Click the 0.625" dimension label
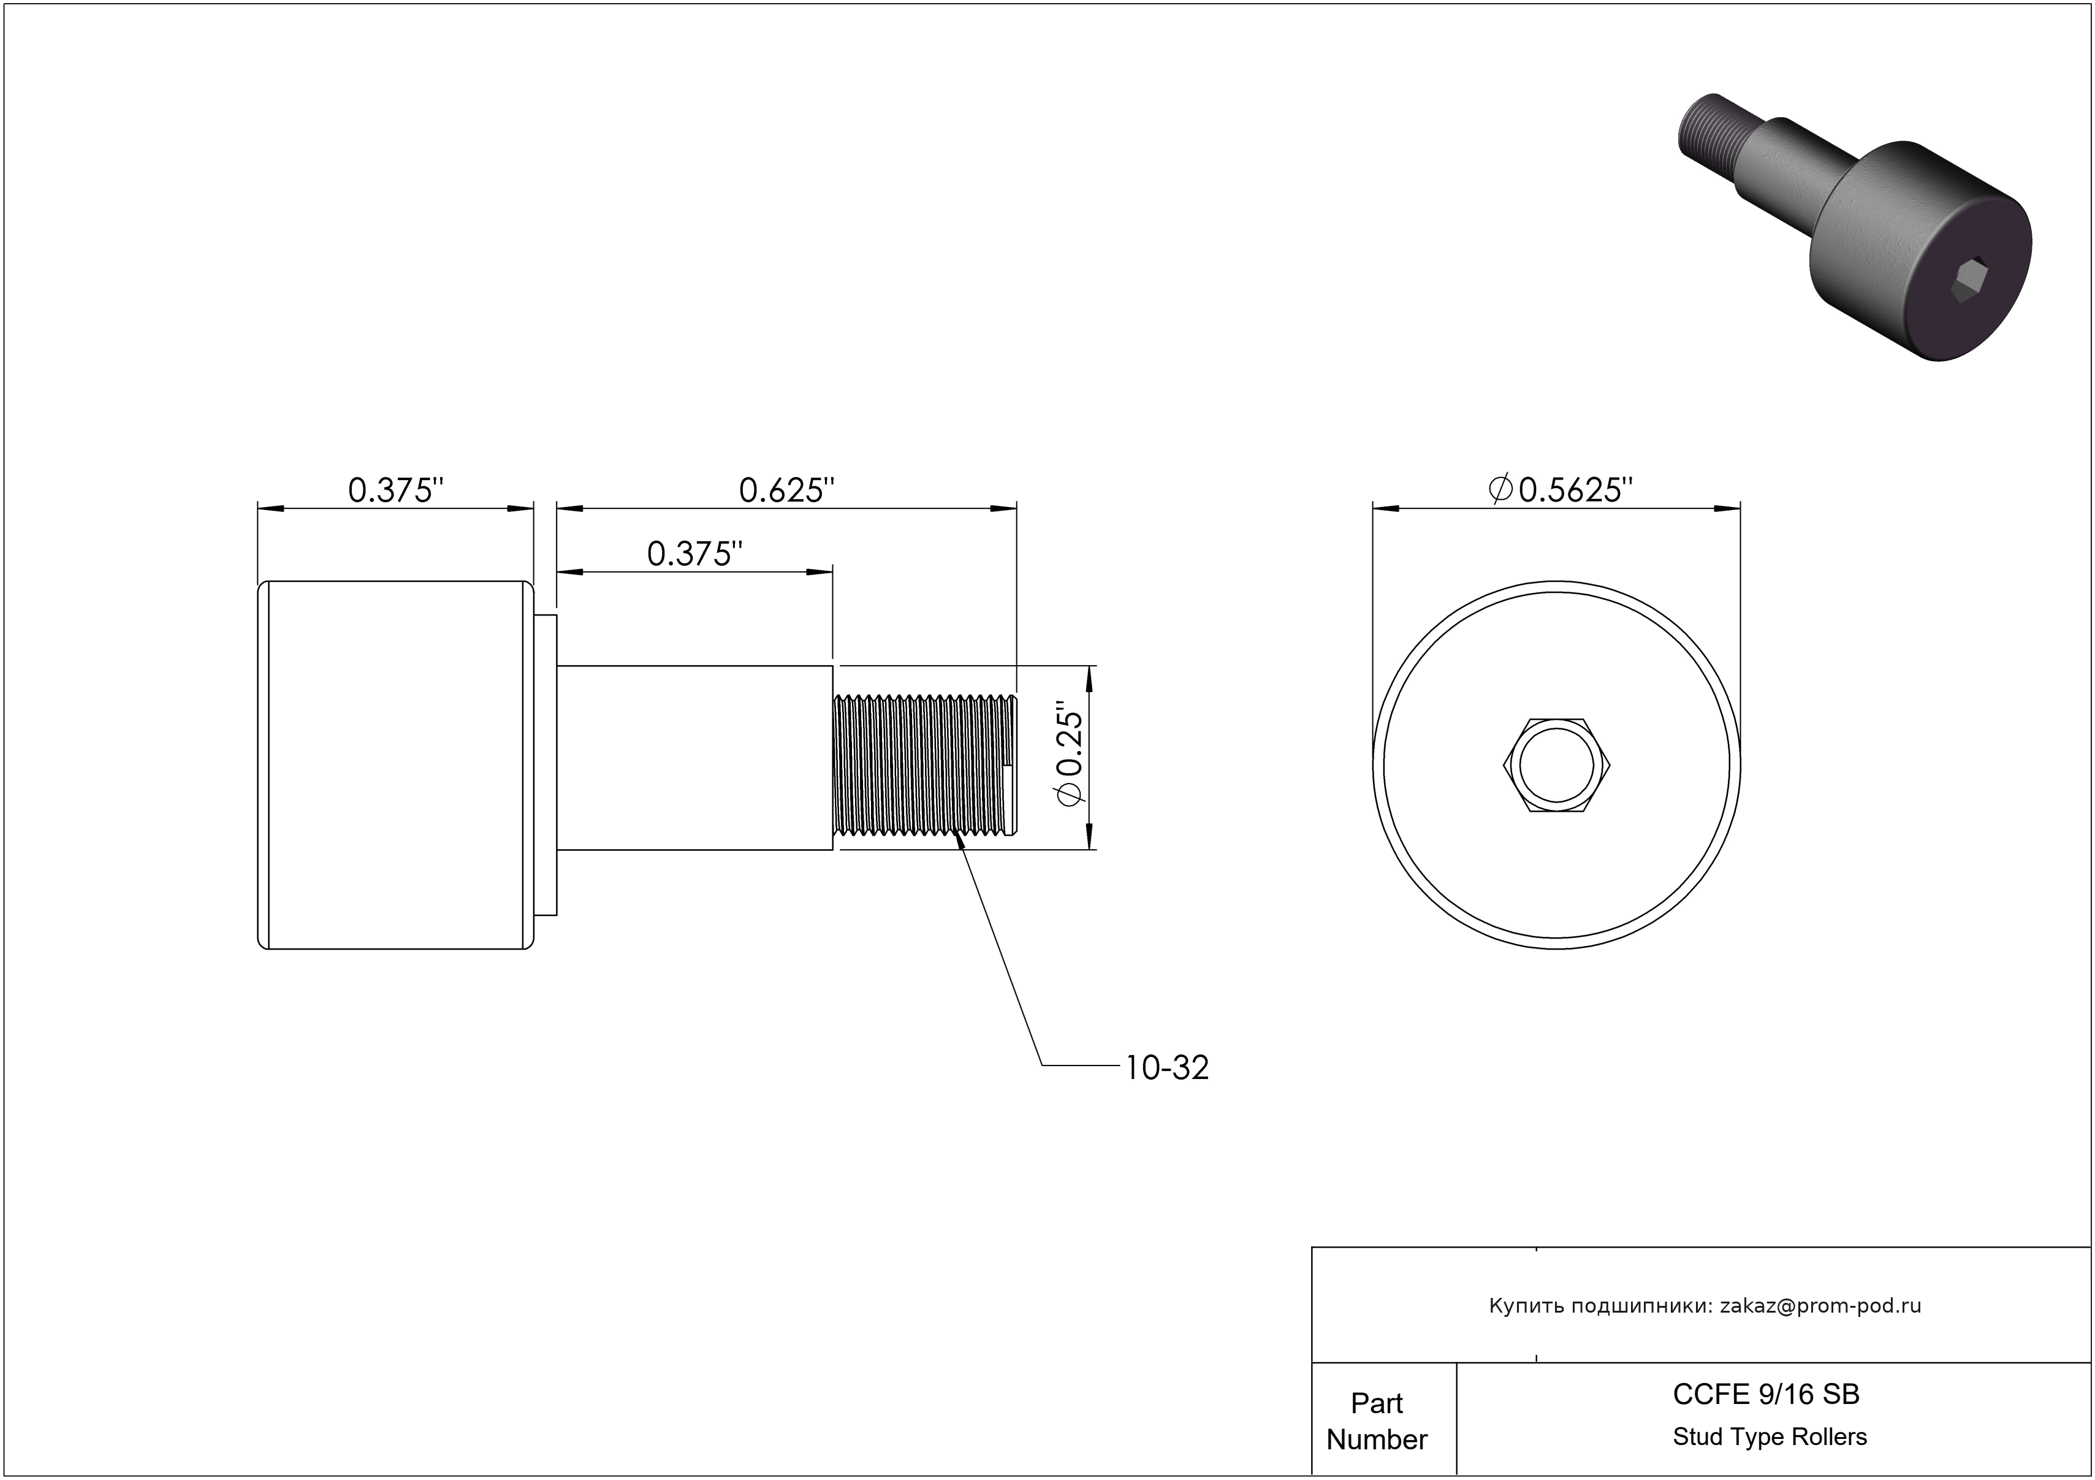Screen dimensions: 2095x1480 click(x=786, y=491)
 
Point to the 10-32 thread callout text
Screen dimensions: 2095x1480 click(x=1167, y=1067)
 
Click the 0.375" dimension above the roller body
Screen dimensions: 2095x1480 click(x=396, y=491)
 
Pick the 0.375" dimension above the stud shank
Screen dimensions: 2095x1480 click(x=695, y=554)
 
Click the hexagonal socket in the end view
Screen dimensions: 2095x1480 click(x=1556, y=765)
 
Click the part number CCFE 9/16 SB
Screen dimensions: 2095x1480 click(x=1766, y=1394)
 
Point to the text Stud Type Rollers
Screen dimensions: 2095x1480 click(x=1770, y=1437)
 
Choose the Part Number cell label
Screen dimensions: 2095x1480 click(x=1376, y=1421)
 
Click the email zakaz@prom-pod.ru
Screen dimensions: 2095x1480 click(x=1820, y=1306)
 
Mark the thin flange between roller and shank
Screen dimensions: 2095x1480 click(x=546, y=765)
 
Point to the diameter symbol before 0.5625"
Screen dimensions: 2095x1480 click(x=1501, y=489)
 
